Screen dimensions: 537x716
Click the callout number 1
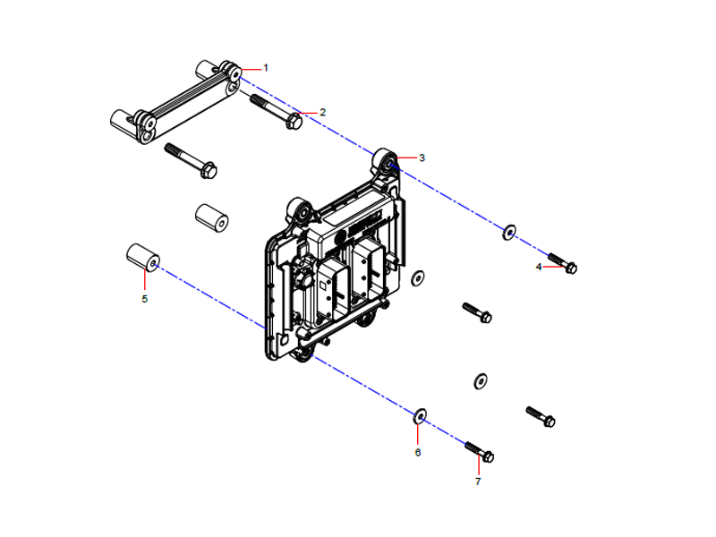click(266, 68)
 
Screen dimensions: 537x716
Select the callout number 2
click(322, 113)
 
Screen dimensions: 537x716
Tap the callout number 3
click(422, 158)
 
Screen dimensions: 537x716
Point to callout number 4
click(539, 267)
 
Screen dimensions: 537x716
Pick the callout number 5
click(144, 298)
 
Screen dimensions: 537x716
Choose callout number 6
click(417, 452)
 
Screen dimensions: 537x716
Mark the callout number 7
click(478, 482)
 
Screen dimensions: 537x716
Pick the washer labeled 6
click(418, 415)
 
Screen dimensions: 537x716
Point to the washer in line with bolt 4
click(508, 233)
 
